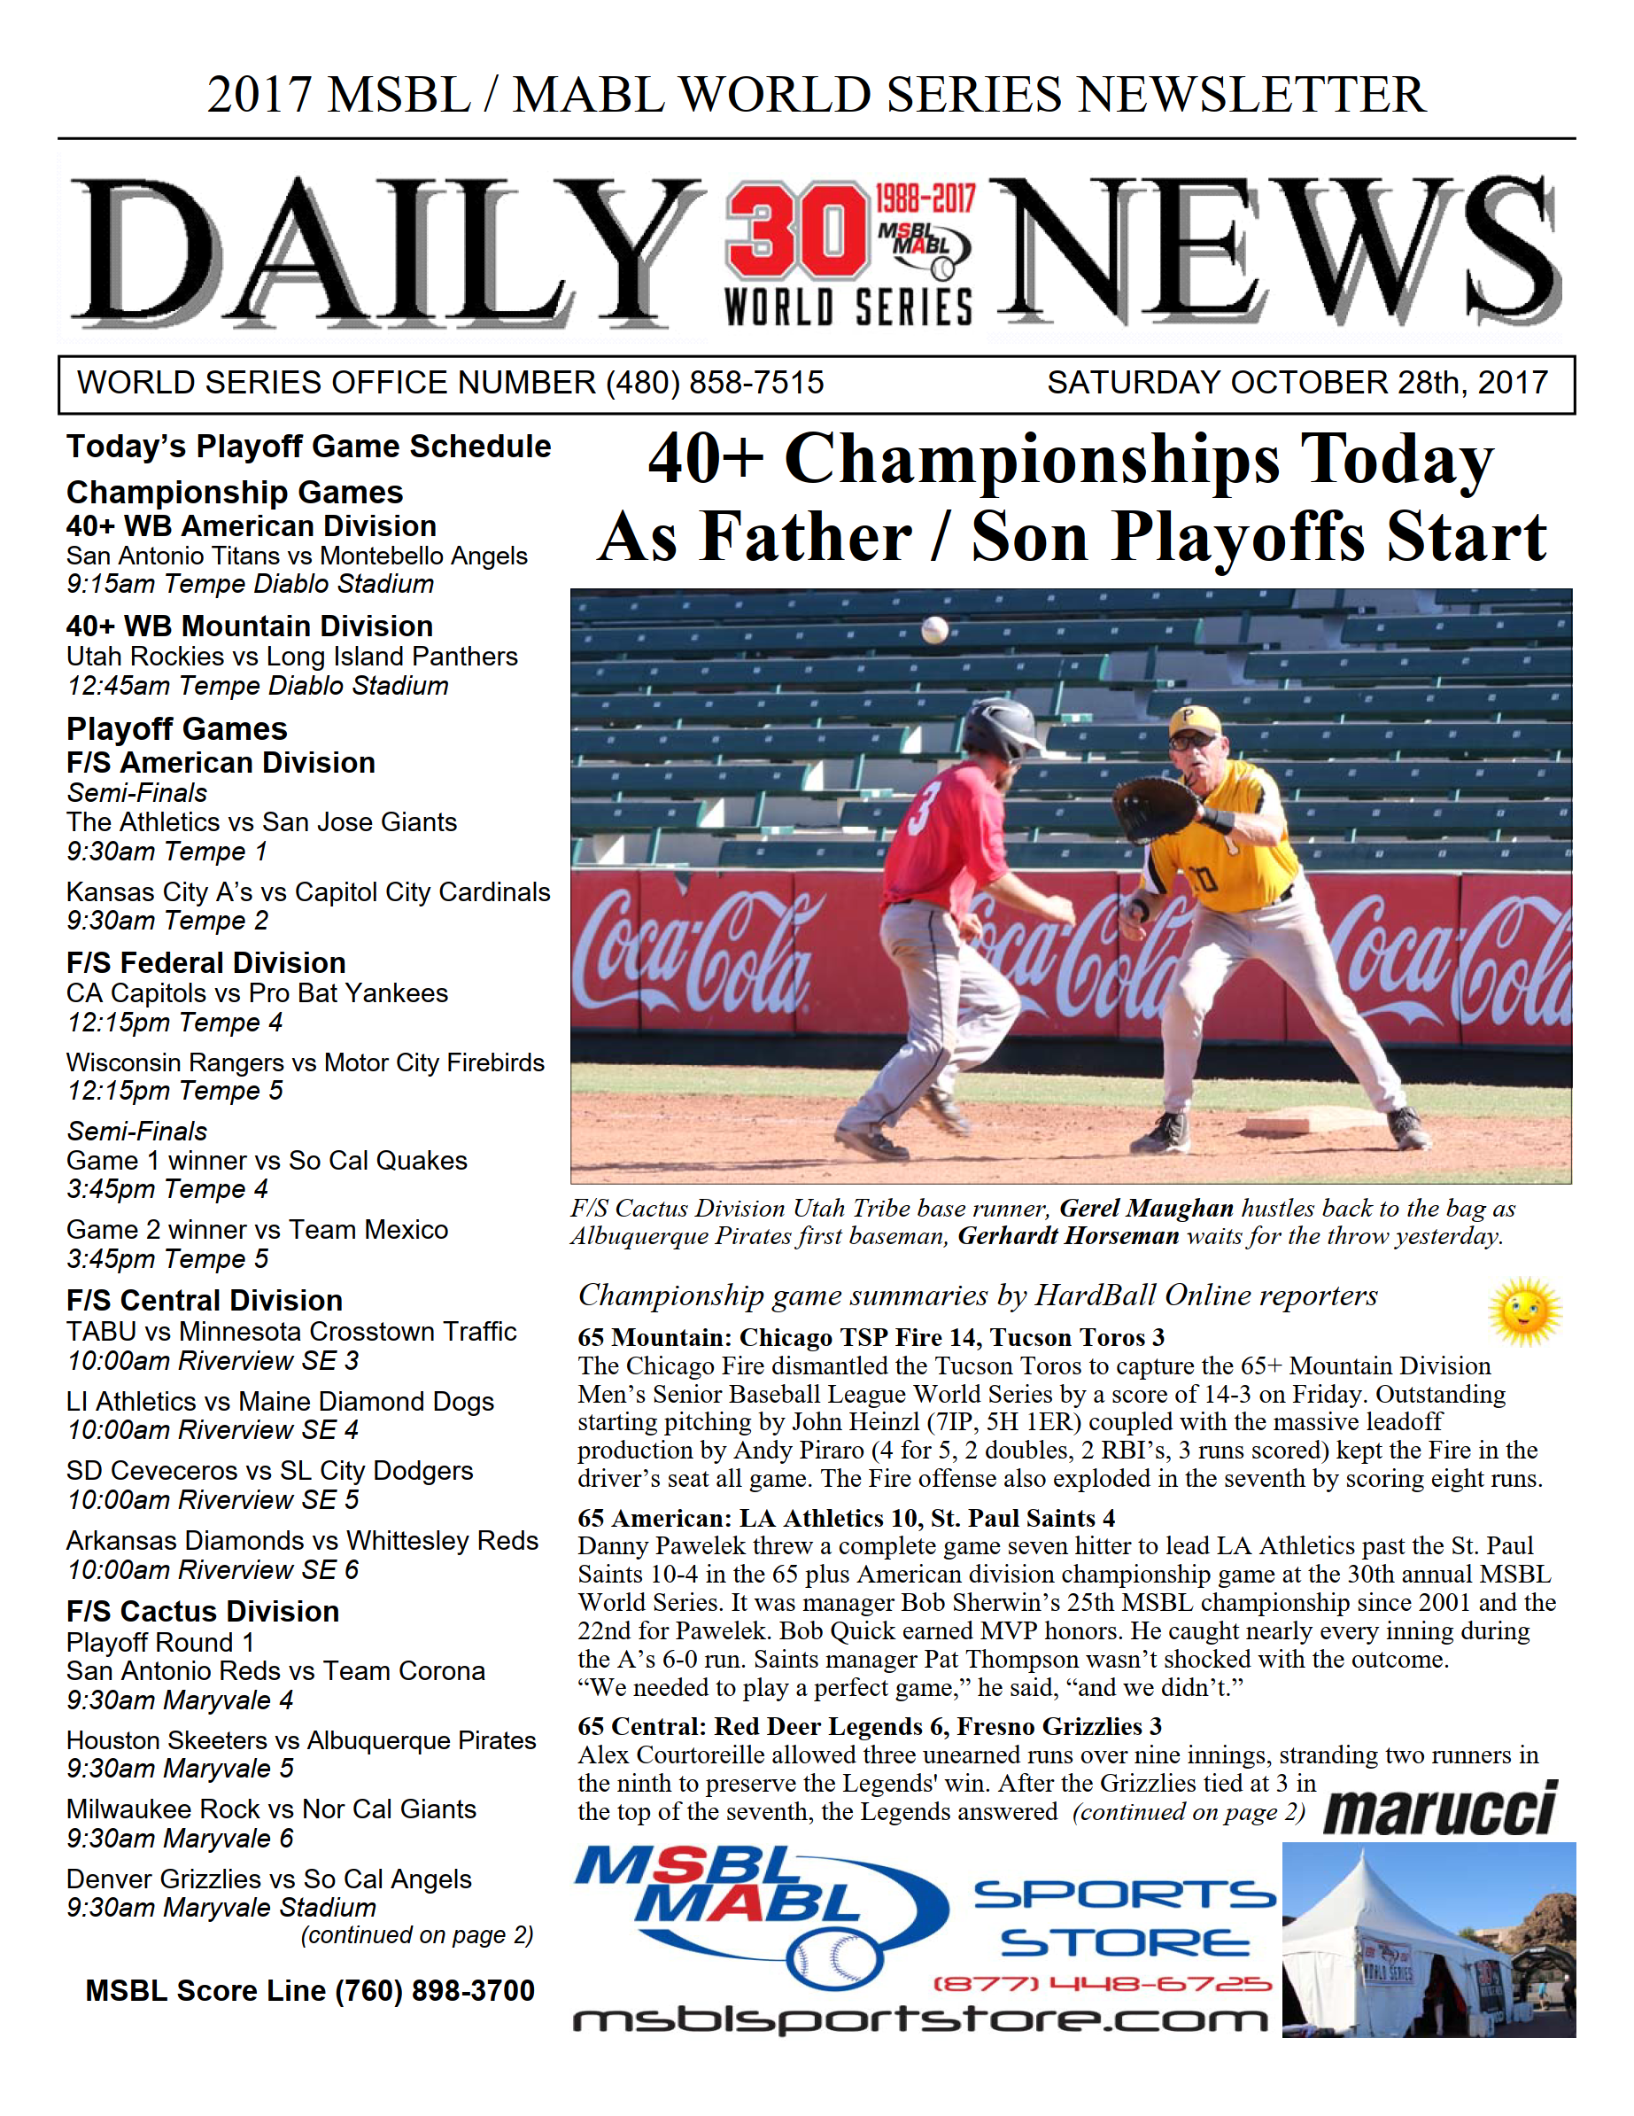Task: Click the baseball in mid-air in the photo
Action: click(x=934, y=630)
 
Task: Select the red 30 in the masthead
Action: click(x=797, y=231)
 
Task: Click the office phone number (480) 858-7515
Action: click(x=715, y=383)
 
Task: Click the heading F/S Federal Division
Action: click(x=206, y=962)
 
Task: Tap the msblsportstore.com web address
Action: click(x=920, y=2020)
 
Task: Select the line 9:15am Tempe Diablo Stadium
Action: click(x=250, y=584)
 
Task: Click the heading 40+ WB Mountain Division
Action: click(x=250, y=626)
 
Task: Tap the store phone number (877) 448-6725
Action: click(x=1101, y=1983)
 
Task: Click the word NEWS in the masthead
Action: click(x=1274, y=252)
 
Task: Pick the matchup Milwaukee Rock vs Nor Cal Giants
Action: click(x=271, y=1809)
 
